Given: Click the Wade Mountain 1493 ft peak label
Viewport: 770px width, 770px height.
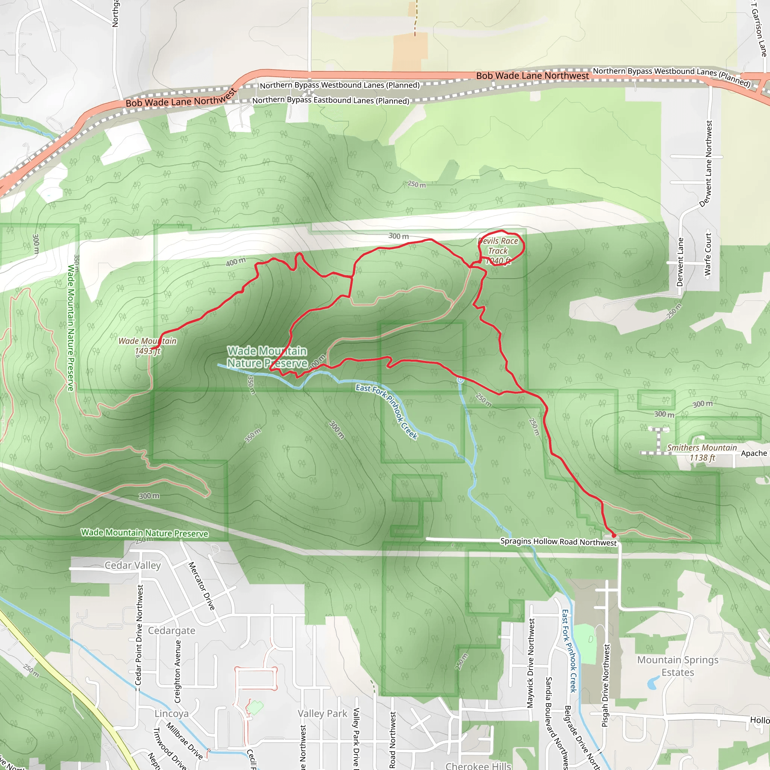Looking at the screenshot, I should pos(147,346).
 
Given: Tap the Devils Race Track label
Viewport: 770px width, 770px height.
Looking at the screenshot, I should pos(498,246).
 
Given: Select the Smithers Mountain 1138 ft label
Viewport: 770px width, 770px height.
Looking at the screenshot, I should pos(702,453).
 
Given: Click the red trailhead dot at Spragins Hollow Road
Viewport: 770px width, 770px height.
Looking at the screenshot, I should pos(614,535).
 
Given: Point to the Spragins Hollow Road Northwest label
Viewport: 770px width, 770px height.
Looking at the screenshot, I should pos(558,542).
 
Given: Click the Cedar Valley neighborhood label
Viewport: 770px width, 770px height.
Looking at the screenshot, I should pos(133,565).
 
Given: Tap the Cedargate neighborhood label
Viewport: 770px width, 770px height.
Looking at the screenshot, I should pos(171,631).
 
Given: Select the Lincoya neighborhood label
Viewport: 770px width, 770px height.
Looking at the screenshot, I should pos(171,713).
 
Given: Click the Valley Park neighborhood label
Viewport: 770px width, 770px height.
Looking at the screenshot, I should pos(323,713).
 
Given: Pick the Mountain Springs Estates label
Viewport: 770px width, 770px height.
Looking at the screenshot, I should pos(678,666).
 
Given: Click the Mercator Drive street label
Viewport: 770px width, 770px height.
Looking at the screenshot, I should pos(201,586).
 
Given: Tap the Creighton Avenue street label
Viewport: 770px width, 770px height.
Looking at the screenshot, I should pos(178,671).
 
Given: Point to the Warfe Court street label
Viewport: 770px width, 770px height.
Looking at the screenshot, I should pos(708,254).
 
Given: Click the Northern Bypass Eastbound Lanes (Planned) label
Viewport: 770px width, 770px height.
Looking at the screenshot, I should pos(330,100).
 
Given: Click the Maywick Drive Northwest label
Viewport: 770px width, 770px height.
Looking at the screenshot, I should pos(531,663).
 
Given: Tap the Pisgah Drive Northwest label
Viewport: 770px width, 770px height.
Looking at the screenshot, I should pos(605,685).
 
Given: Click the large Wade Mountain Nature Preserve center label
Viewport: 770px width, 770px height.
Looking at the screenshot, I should pos(267,357).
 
